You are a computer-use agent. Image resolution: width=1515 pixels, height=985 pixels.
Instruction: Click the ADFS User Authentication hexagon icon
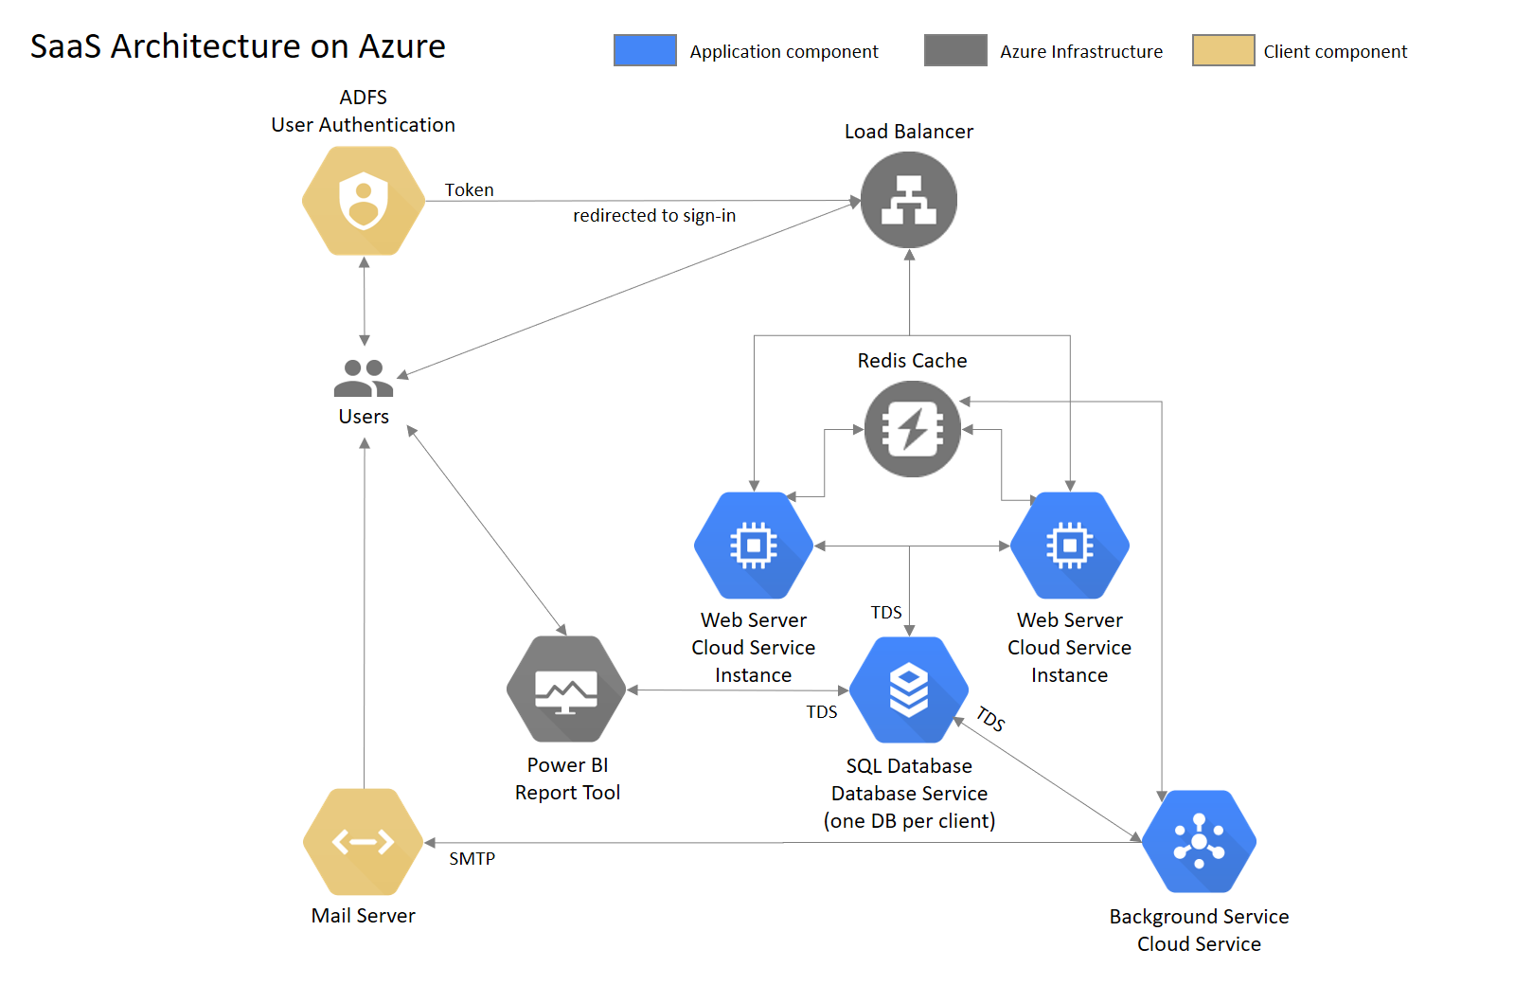(x=364, y=201)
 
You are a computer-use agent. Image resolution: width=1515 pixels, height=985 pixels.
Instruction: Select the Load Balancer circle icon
(x=909, y=200)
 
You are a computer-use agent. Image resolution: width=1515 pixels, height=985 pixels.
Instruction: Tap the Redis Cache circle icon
(x=913, y=429)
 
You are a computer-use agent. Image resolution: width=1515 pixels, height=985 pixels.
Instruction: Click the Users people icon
(x=364, y=378)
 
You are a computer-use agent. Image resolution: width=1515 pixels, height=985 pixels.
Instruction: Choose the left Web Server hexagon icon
(x=754, y=546)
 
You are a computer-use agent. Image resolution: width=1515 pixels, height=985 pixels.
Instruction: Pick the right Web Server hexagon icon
(x=1070, y=546)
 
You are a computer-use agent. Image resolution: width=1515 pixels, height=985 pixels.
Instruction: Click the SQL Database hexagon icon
(x=909, y=689)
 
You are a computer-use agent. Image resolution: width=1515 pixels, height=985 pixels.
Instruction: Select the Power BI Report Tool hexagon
(x=566, y=689)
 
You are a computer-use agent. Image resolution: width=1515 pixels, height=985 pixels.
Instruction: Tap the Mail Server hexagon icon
(x=364, y=842)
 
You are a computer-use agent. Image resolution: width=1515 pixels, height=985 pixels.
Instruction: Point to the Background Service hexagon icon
(x=1199, y=842)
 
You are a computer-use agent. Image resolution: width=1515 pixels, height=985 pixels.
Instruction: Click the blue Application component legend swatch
(x=645, y=50)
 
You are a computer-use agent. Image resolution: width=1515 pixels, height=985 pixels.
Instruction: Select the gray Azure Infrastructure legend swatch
(x=955, y=50)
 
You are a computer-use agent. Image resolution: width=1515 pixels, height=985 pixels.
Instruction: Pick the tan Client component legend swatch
(x=1223, y=50)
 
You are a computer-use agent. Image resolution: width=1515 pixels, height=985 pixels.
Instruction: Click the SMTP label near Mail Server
(x=472, y=859)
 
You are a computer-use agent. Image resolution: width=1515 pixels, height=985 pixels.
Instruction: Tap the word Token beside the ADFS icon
(x=470, y=190)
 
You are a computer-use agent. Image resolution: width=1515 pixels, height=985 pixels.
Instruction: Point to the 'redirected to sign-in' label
(x=654, y=216)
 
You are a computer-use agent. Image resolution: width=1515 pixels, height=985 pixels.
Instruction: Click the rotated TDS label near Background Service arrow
(x=990, y=719)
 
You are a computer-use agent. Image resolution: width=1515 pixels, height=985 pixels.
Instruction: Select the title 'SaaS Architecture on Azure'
(x=238, y=46)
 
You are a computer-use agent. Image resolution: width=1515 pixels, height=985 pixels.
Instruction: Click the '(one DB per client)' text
(x=909, y=821)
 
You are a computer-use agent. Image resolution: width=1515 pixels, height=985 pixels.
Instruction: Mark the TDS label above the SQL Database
(x=886, y=613)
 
